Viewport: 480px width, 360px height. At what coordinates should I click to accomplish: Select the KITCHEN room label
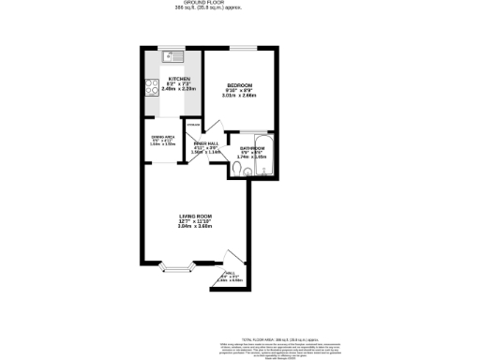179,79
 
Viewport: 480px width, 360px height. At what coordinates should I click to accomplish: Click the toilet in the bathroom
239,168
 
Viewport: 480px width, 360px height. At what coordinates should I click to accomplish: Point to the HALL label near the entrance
230,273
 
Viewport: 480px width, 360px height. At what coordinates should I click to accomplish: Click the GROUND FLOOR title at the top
240,3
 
